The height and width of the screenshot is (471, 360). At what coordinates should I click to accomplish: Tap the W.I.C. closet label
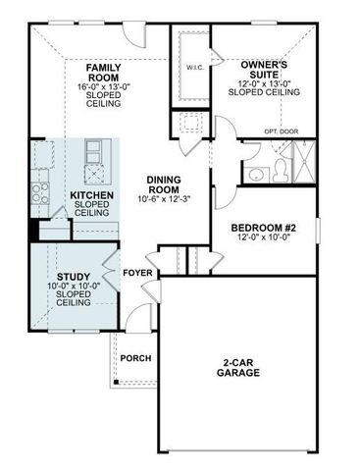(193, 68)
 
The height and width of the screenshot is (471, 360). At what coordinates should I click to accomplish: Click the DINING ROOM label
(164, 184)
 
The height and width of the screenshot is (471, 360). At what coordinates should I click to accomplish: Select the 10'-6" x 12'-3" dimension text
(164, 199)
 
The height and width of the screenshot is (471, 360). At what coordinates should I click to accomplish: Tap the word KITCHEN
(91, 196)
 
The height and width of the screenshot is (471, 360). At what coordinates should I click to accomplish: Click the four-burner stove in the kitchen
(41, 182)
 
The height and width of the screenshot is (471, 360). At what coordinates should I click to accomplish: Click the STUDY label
(73, 277)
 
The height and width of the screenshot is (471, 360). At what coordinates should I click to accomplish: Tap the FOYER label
(135, 272)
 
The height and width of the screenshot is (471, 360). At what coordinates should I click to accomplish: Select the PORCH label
(135, 358)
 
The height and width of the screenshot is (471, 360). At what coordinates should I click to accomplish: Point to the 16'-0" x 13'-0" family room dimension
(104, 86)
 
